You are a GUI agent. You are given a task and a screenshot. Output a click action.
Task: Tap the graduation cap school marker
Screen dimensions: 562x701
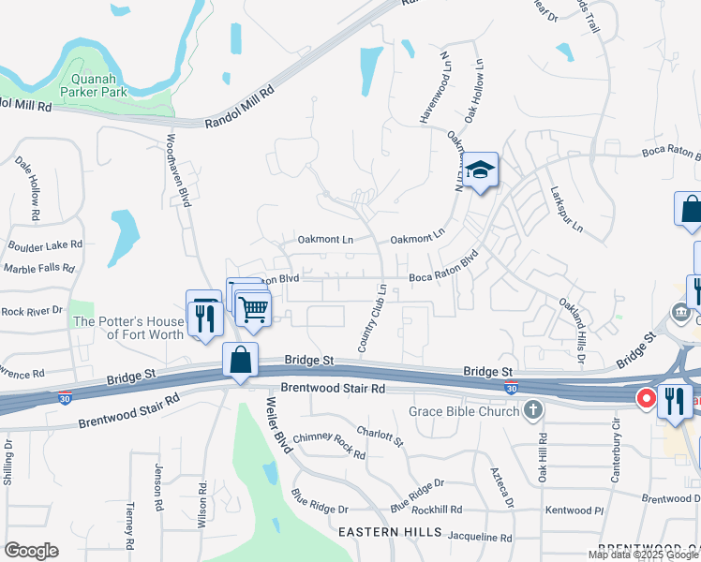(x=481, y=170)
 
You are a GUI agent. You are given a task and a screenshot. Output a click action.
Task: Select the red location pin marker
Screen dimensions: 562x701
(x=646, y=398)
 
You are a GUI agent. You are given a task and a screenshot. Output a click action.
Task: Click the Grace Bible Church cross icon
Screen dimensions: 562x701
(x=532, y=409)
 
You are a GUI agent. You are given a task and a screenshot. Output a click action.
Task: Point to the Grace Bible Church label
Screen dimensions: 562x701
(x=464, y=411)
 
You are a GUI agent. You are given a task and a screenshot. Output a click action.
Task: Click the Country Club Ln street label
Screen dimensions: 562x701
(x=372, y=318)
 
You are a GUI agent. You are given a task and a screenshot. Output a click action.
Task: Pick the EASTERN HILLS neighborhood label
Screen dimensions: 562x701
(x=390, y=531)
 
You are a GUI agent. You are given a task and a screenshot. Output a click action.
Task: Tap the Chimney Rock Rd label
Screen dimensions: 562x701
(x=328, y=444)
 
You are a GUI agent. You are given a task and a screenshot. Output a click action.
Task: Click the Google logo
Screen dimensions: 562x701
(x=31, y=550)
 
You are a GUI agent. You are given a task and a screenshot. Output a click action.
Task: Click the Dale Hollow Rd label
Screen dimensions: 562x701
(x=28, y=188)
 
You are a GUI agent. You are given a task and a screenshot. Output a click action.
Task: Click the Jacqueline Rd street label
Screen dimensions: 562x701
(x=481, y=538)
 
